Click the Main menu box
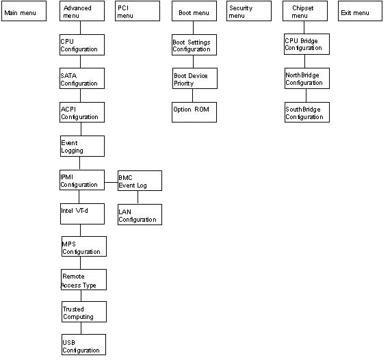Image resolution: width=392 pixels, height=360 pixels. [x=24, y=12]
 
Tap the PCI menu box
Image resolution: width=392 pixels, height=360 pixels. [x=138, y=12]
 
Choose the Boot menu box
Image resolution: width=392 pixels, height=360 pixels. [x=194, y=12]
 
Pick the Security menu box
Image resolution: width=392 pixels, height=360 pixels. [x=249, y=12]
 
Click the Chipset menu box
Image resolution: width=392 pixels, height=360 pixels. [x=305, y=12]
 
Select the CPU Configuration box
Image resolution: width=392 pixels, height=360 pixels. [x=82, y=45]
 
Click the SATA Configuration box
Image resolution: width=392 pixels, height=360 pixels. [x=82, y=79]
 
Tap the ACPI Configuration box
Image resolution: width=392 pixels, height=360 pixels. [x=82, y=112]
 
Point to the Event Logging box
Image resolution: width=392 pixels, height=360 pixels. [x=82, y=146]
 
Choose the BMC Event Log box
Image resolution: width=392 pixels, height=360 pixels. [x=140, y=181]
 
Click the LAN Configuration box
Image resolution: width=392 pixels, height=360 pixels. [x=140, y=214]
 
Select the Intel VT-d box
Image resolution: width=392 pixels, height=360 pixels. [x=82, y=214]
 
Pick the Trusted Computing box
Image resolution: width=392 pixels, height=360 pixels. [x=83, y=312]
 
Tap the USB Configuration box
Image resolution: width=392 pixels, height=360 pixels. [x=83, y=345]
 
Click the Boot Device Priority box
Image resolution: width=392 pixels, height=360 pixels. [x=194, y=79]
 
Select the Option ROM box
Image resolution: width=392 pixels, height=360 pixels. [x=194, y=112]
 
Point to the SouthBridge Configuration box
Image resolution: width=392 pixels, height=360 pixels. [x=306, y=112]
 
